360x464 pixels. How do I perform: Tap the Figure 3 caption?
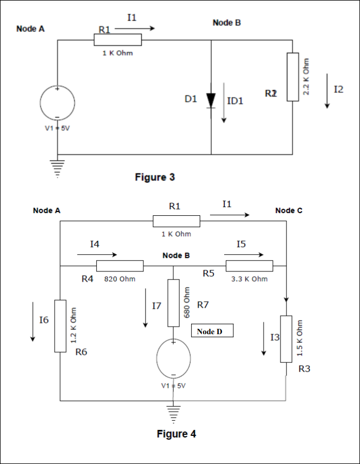coord(155,177)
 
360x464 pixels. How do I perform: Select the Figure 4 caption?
coord(176,434)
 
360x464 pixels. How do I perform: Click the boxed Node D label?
coord(212,331)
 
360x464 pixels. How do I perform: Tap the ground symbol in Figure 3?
coord(57,164)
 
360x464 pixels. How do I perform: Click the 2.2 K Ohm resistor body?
coord(293,77)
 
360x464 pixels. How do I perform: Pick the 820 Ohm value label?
coord(120,279)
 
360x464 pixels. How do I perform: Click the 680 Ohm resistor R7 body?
coord(173,303)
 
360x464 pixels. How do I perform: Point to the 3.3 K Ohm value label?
coord(250,279)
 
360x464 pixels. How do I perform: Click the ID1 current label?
coord(235,101)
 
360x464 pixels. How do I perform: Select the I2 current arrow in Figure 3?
coord(327,91)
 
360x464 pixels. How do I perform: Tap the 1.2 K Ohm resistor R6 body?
coord(60,326)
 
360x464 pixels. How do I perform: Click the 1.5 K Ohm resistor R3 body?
coord(286,340)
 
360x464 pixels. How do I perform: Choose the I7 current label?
coord(156,306)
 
